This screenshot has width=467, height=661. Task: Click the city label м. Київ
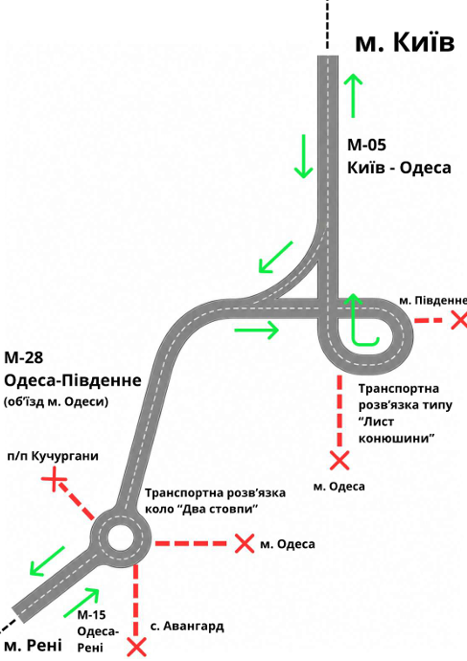(405, 42)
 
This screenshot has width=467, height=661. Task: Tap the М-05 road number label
(366, 145)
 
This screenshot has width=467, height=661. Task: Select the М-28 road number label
(24, 357)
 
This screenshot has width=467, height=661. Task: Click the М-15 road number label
(91, 615)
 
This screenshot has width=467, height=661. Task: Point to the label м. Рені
(33, 645)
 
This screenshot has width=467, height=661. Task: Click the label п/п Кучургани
(53, 456)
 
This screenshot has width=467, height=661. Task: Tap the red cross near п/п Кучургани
(54, 479)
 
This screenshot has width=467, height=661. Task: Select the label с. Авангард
(187, 626)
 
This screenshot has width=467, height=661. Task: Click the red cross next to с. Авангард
(136, 647)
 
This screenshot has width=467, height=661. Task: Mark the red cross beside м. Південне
(459, 320)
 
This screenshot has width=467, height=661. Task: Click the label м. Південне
(432, 301)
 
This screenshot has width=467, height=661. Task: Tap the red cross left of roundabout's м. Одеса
(245, 543)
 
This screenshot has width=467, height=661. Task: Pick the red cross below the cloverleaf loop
(339, 461)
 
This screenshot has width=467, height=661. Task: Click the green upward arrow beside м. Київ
(353, 95)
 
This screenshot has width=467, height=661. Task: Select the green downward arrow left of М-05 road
(303, 156)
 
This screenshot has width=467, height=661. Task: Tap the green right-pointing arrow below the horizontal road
(256, 330)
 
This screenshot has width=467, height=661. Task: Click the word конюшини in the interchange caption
(397, 438)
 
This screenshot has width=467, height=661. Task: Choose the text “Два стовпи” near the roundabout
(219, 509)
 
